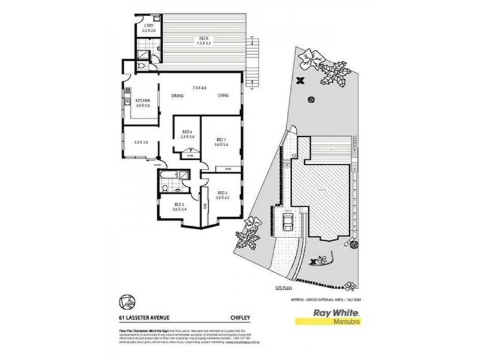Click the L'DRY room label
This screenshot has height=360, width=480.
148,25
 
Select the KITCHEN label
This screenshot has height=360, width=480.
142,100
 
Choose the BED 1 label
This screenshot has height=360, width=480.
220,139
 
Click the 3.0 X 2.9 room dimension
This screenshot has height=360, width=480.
140,142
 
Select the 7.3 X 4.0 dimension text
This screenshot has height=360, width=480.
199,88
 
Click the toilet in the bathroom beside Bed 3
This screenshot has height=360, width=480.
164,188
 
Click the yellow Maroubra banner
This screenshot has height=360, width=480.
330,321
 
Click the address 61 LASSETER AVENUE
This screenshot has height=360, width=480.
139,311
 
